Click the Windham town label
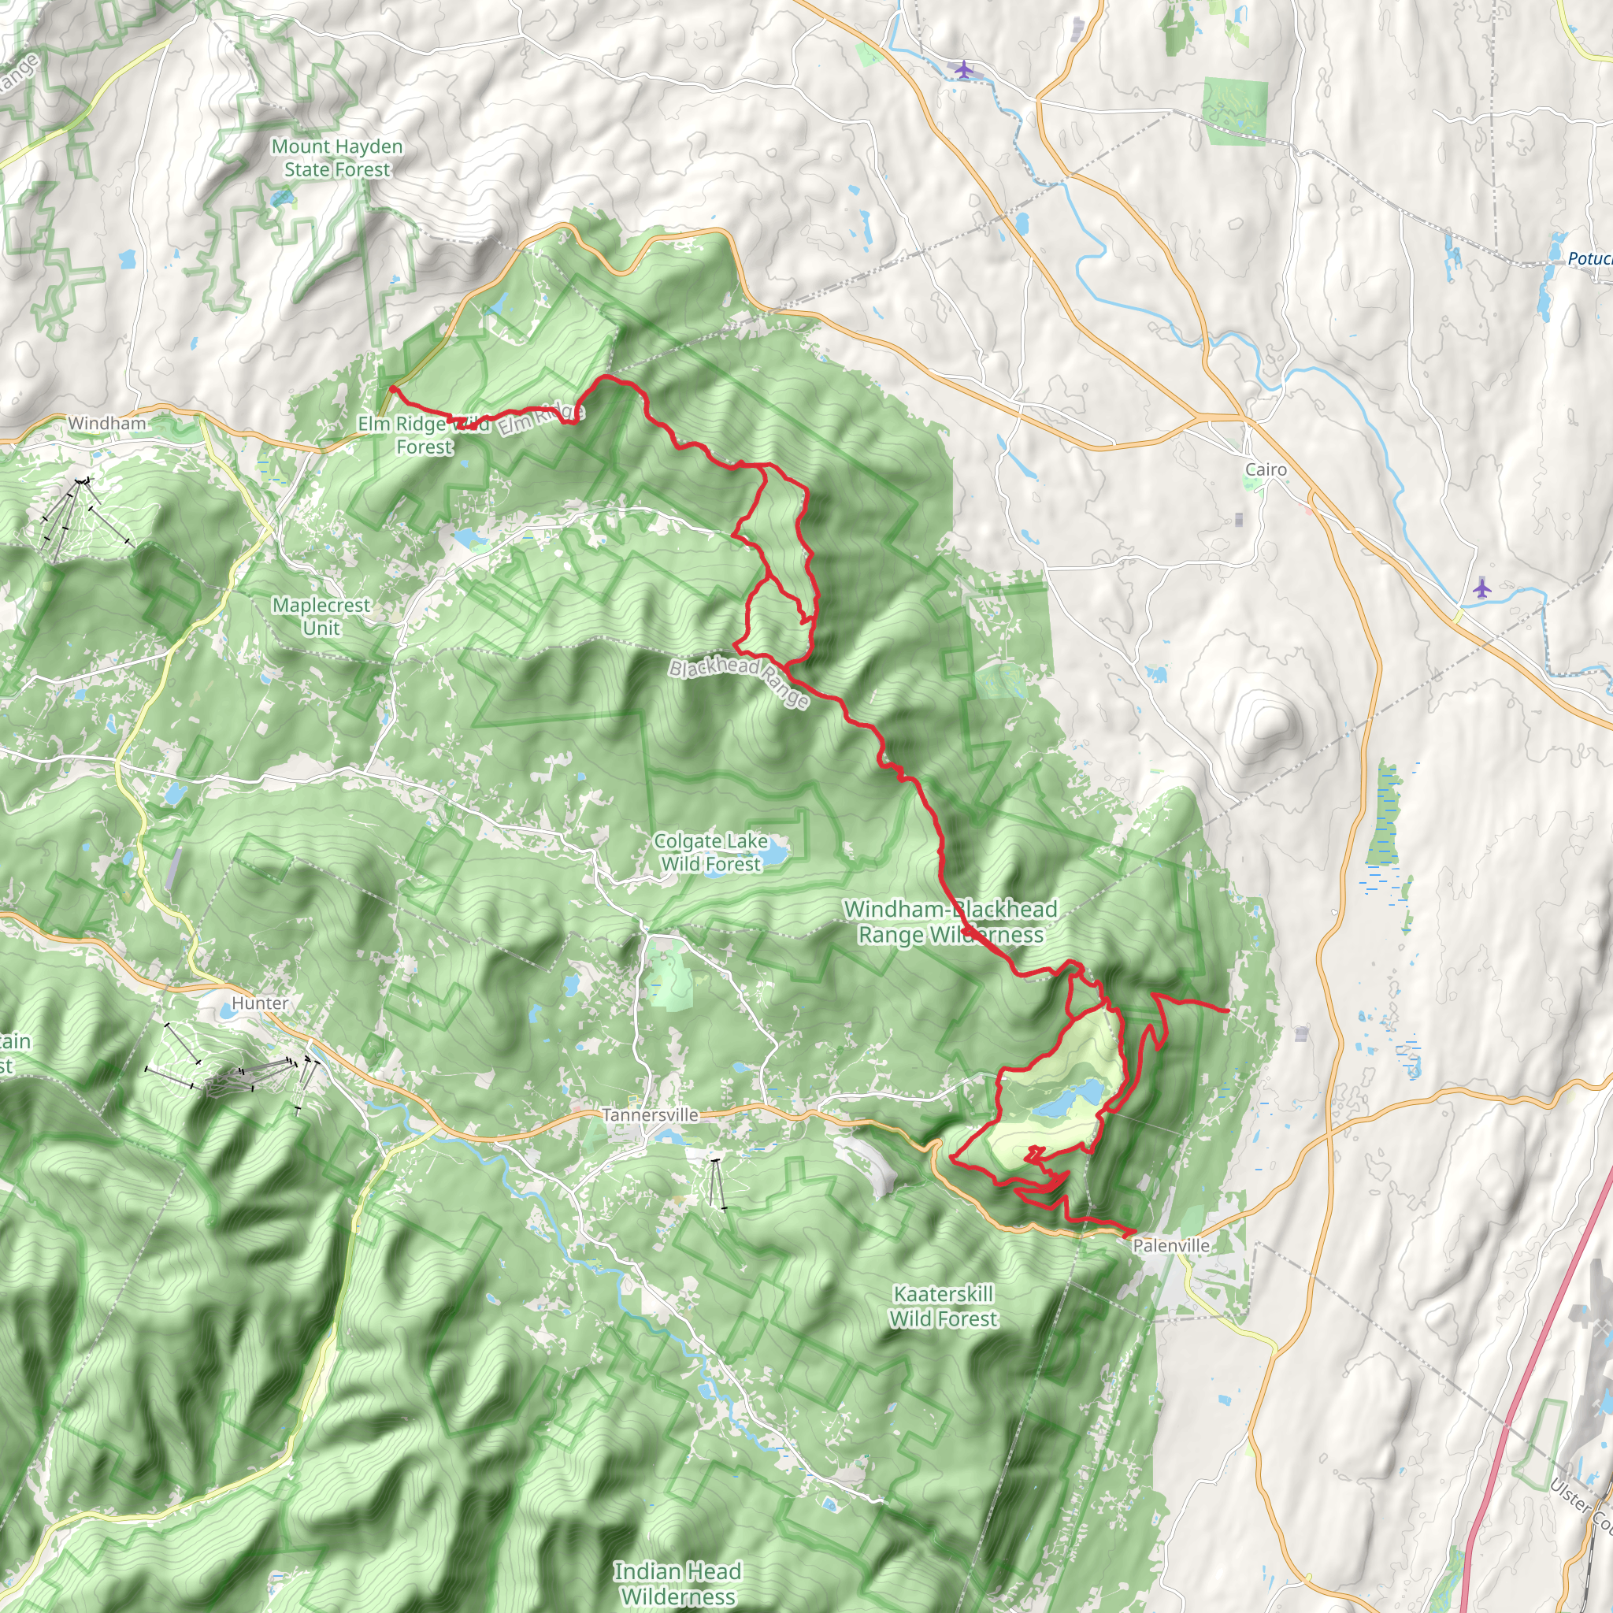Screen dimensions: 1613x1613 [107, 423]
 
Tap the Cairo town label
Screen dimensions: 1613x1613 [1266, 469]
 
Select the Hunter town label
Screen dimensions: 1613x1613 [260, 1003]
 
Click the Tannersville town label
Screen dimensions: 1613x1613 [651, 1114]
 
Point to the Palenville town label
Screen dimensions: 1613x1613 [1170, 1245]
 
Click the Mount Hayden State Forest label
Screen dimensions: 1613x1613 [337, 158]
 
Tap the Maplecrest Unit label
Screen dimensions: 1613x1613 [321, 616]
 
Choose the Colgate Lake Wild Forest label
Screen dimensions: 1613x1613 [710, 852]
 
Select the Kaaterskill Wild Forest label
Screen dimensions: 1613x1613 [944, 1306]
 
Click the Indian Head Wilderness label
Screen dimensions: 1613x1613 [677, 1583]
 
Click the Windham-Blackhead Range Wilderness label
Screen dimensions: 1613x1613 [950, 921]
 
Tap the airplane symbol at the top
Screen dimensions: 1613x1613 [964, 69]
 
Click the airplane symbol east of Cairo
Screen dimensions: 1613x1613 [1481, 588]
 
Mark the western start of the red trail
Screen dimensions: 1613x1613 [391, 388]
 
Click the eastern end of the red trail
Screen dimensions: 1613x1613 [1227, 1010]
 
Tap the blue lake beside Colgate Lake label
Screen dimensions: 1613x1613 [775, 853]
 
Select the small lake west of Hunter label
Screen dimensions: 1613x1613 [225, 1012]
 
